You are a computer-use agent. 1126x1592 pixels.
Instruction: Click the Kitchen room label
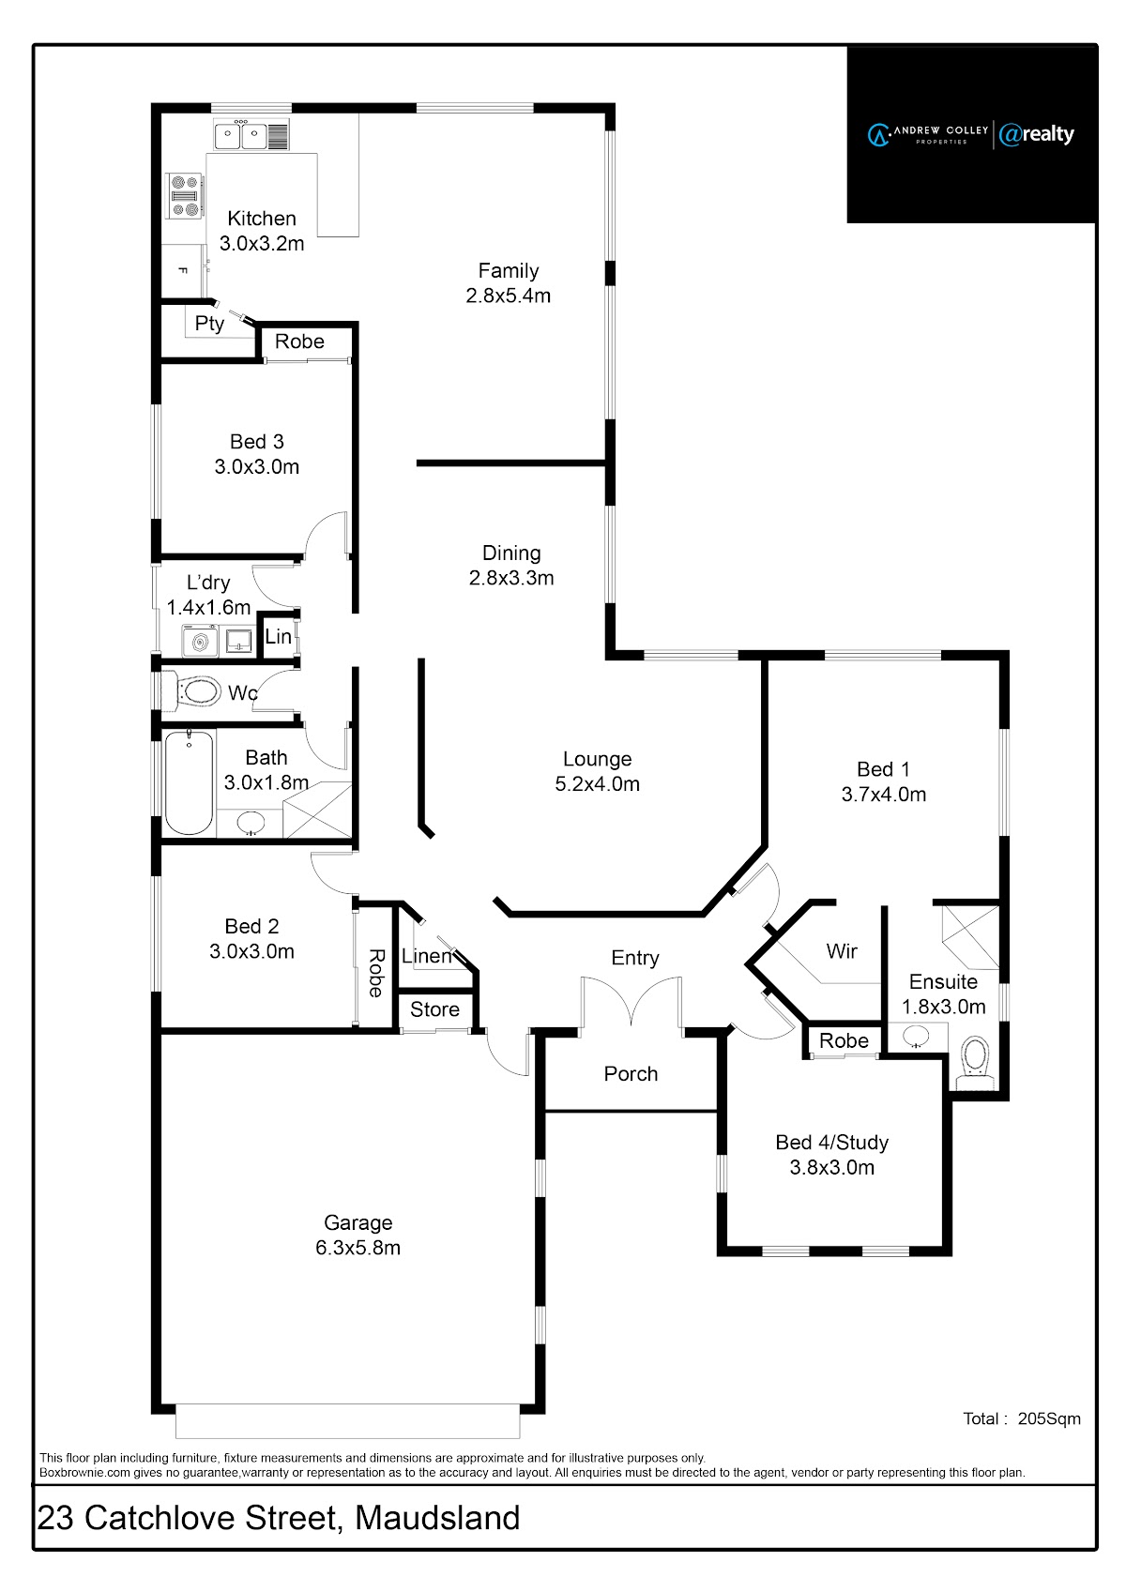coord(262,219)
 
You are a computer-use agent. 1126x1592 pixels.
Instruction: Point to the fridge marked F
coord(183,271)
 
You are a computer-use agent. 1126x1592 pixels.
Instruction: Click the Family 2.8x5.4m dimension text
coord(509,296)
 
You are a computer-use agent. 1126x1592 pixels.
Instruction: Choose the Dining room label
coord(511,553)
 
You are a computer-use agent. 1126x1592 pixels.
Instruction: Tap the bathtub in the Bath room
coord(190,782)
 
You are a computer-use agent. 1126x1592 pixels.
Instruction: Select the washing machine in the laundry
coord(200,642)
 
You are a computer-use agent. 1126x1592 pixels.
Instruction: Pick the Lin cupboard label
coord(278,636)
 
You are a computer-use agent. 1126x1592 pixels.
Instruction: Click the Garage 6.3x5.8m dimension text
coord(358,1248)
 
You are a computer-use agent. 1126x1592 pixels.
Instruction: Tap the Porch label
coord(631,1073)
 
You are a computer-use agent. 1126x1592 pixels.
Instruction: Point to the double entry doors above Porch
coord(631,1002)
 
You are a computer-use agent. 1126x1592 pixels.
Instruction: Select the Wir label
coord(842,951)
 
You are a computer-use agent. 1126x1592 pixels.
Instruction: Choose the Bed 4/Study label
coord(831,1142)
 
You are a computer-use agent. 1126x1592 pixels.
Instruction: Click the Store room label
coord(434,1009)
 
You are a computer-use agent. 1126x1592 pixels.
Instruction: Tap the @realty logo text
coord(1037,133)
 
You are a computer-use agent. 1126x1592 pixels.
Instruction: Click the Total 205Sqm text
coord(1022,1418)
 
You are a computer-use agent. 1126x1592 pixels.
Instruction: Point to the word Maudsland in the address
coord(437,1518)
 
